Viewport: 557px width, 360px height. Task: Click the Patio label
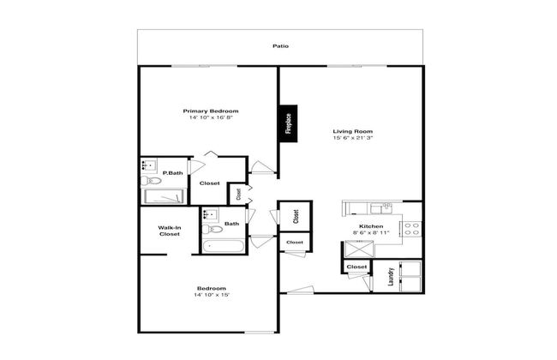[x=280, y=46]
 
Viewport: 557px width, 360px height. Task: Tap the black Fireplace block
[x=288, y=123]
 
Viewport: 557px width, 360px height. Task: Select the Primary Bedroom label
[x=211, y=111]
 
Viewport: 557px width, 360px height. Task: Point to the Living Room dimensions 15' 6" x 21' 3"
[x=353, y=138]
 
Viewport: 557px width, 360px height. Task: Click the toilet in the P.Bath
[x=151, y=181]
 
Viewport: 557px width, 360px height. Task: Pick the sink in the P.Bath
[x=149, y=165]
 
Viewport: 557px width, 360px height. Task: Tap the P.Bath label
[x=172, y=173]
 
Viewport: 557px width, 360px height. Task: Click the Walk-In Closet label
[x=170, y=231]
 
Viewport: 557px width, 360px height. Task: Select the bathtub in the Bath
[x=223, y=246]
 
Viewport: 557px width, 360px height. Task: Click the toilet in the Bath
[x=213, y=229]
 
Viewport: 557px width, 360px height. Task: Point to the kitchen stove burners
[x=411, y=229]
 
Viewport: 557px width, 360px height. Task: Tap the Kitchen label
[x=371, y=226]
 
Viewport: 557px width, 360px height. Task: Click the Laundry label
[x=391, y=277]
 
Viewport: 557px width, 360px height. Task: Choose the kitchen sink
[x=381, y=208]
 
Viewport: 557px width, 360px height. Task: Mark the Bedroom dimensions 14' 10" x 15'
[x=212, y=295]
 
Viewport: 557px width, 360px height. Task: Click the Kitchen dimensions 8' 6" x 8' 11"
[x=371, y=233]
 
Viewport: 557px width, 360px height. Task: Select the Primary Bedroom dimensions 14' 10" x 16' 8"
[x=211, y=117]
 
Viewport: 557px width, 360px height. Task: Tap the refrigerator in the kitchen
[x=359, y=249]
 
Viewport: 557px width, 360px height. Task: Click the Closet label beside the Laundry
[x=356, y=267]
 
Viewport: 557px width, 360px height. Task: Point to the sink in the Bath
[x=211, y=214]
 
